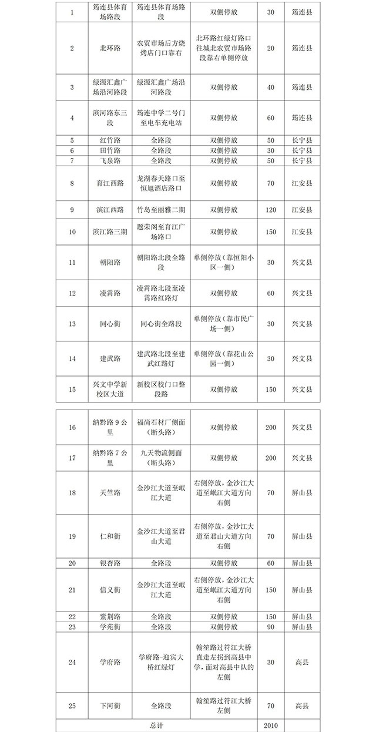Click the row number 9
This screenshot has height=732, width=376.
coord(72,210)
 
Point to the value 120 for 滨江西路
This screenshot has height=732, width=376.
coord(270,210)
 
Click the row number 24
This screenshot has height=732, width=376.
coord(72,663)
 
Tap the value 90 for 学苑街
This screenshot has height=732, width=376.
coord(270,627)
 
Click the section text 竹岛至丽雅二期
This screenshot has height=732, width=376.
coord(161,210)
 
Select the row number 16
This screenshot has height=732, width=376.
coord(72,427)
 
